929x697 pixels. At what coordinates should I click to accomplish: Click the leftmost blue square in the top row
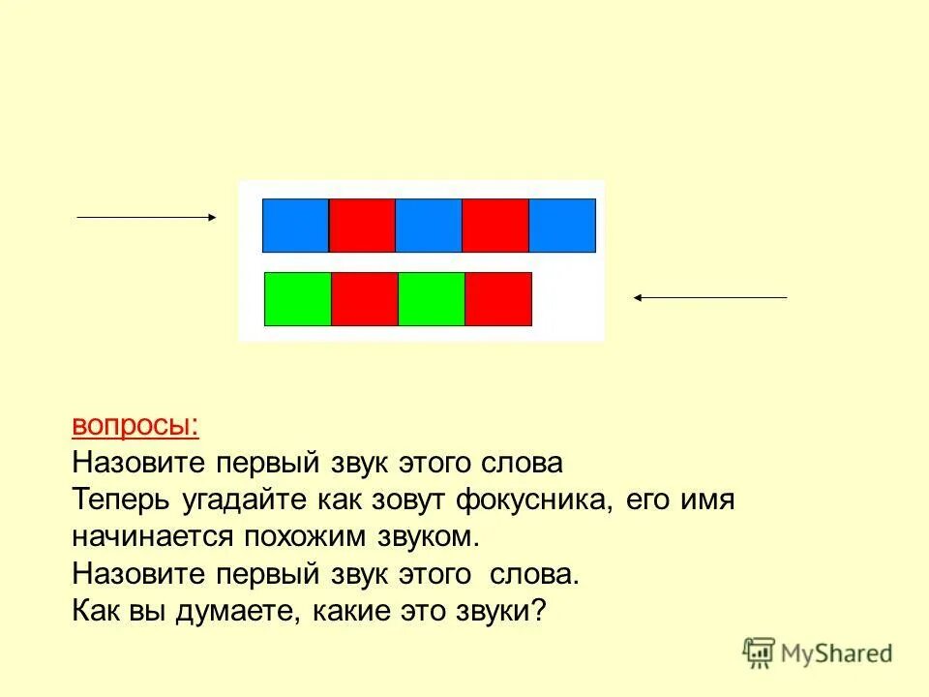pos(296,225)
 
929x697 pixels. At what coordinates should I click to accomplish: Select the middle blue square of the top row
pos(429,225)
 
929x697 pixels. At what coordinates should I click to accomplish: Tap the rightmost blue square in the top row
pos(562,225)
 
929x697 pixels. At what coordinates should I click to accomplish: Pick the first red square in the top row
pos(362,225)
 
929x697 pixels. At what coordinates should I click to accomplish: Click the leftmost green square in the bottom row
pos(298,299)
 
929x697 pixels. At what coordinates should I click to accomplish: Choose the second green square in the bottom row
pos(432,299)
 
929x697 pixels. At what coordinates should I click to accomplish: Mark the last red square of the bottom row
pos(498,299)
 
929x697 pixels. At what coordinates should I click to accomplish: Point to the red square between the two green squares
pos(365,299)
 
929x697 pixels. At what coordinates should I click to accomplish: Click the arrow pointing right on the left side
pos(146,219)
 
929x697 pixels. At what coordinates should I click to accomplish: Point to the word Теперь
pos(121,500)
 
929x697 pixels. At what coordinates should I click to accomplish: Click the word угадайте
pos(241,500)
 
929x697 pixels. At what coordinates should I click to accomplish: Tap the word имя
pos(708,500)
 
